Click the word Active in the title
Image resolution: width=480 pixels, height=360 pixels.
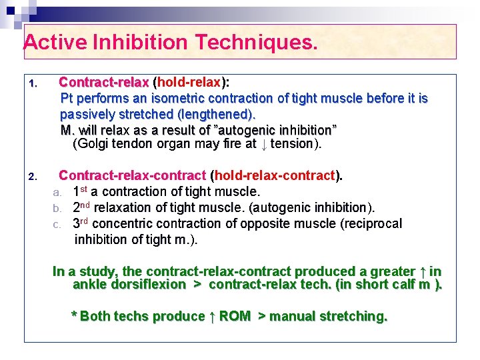pyautogui.click(x=54, y=43)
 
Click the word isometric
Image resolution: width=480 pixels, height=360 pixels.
pyautogui.click(x=185, y=99)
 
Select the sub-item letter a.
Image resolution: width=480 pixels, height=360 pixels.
pyautogui.click(x=57, y=193)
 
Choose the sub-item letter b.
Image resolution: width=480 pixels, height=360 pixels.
pyautogui.click(x=57, y=209)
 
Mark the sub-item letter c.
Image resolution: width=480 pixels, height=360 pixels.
pyautogui.click(x=57, y=224)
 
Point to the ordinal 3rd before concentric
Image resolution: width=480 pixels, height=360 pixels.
pyautogui.click(x=81, y=223)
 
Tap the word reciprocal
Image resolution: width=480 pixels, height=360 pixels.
pyautogui.click(x=371, y=224)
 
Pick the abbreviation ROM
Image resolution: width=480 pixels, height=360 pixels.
pyautogui.click(x=235, y=317)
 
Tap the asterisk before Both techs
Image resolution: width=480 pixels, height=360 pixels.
pyautogui.click(x=73, y=316)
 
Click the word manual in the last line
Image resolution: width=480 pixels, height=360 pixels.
pyautogui.click(x=291, y=317)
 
